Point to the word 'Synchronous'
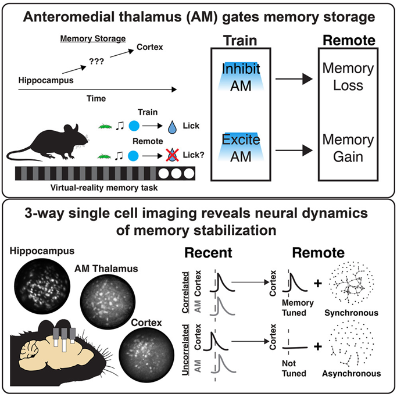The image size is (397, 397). tap(355, 313)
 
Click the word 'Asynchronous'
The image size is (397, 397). tap(355, 374)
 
